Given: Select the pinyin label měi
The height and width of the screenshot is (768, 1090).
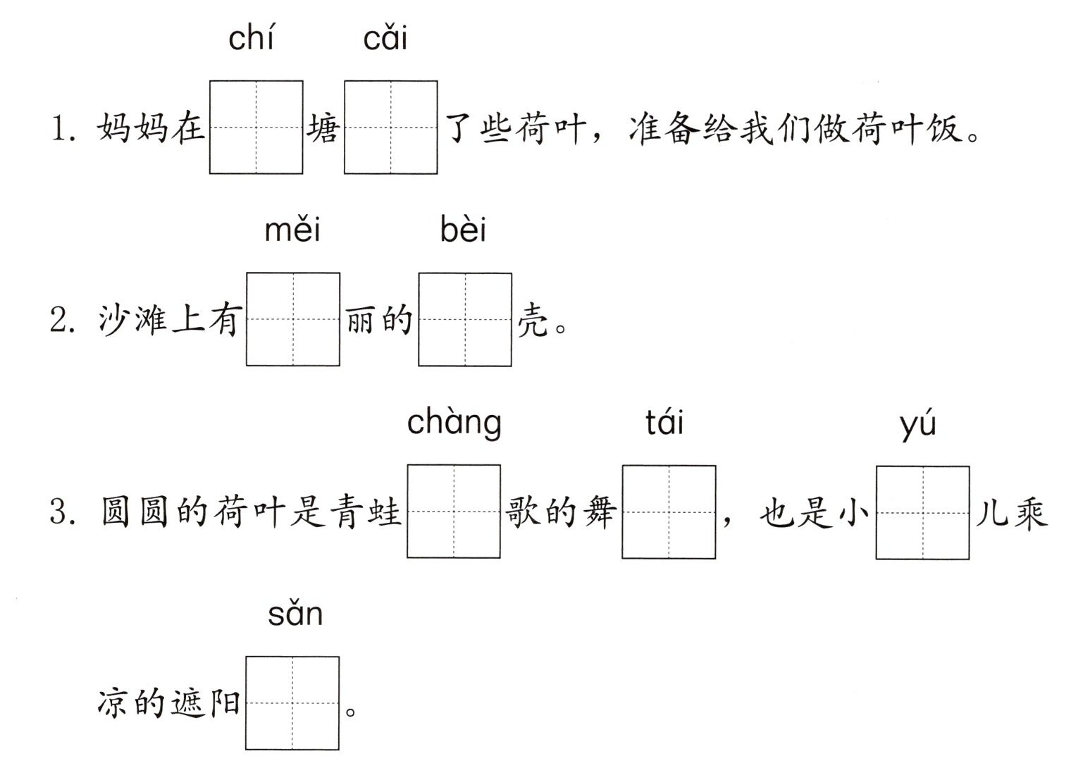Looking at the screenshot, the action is coord(292,229).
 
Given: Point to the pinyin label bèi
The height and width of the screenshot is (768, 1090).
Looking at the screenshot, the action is coord(463,229).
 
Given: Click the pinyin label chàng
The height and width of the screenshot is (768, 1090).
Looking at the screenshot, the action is coord(454,423).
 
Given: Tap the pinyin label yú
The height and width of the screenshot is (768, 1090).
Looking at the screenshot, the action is coord(918,424).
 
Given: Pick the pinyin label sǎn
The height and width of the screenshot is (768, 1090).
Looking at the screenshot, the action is coord(295,614).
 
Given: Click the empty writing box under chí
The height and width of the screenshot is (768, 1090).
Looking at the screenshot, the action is coord(256,127).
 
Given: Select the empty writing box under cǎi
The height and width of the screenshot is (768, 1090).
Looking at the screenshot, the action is coord(391,127).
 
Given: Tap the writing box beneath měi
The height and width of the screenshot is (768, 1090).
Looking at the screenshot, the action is coord(293,319).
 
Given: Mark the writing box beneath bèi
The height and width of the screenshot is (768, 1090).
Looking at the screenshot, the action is coord(465,319).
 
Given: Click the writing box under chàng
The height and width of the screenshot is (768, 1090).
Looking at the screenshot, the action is coord(454,511).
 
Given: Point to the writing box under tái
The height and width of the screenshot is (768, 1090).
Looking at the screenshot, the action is coord(669,512).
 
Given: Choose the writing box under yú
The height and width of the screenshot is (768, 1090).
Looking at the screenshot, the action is coord(922,512).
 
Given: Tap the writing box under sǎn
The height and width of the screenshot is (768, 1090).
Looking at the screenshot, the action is coord(292,703).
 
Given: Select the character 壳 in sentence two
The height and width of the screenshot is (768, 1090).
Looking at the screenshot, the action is coord(533,321).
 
